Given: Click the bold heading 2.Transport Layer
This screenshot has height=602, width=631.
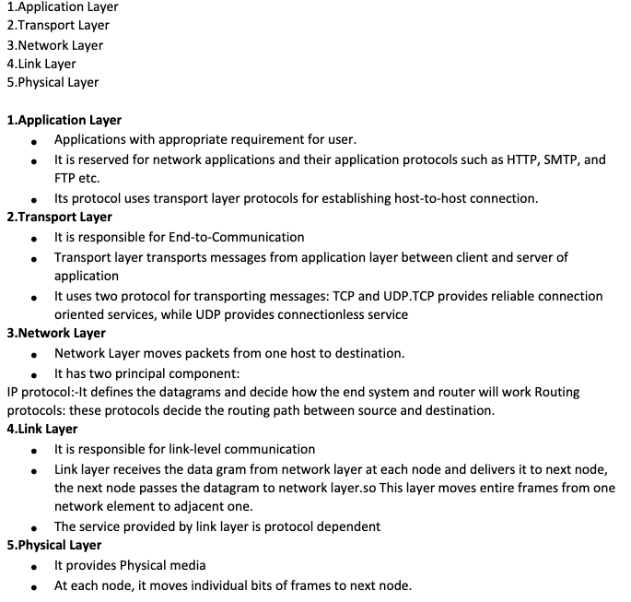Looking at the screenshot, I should click(59, 217).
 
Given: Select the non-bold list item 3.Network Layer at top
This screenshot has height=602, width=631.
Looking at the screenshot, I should click(54, 45).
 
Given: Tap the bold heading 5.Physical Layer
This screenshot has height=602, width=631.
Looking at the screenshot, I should click(53, 545).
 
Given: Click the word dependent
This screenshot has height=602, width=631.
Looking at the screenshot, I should click(347, 526).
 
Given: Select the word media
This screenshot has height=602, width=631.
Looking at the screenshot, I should click(187, 565).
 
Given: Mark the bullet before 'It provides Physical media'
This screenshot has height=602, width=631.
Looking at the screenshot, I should click(34, 567).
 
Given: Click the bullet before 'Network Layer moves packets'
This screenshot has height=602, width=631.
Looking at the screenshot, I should click(34, 355).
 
